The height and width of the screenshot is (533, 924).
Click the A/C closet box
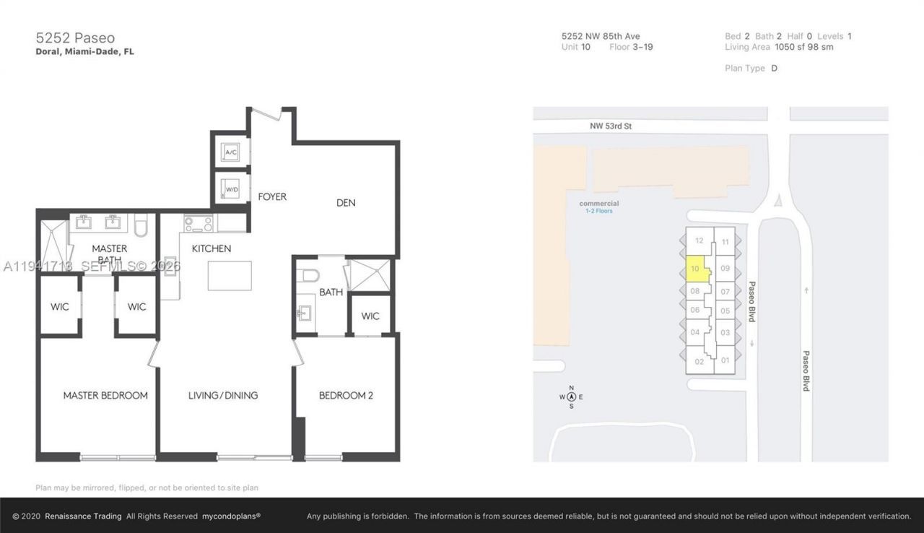(232, 152)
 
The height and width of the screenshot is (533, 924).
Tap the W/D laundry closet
(232, 189)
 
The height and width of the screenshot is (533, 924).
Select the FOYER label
(271, 196)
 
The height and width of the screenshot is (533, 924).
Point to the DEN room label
(346, 203)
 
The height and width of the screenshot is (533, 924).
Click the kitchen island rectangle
(230, 276)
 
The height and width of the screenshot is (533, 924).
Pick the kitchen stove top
(199, 223)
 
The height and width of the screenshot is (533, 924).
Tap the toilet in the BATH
(308, 275)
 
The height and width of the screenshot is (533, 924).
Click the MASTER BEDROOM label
(105, 395)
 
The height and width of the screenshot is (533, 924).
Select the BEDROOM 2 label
(346, 395)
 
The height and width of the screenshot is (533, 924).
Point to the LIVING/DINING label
(223, 395)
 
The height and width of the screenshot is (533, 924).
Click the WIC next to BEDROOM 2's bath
(370, 316)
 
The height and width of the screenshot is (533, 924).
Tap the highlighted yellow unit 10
(695, 269)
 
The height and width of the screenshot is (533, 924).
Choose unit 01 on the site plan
(725, 360)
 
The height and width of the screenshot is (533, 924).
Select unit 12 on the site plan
(699, 240)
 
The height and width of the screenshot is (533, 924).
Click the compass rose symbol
(571, 396)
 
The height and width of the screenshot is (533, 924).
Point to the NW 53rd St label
(611, 126)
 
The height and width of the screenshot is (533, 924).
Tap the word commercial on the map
(599, 204)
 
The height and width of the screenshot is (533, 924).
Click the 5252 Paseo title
(75, 38)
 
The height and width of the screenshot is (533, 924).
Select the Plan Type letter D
(774, 69)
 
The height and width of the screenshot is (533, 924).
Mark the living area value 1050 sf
(788, 47)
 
